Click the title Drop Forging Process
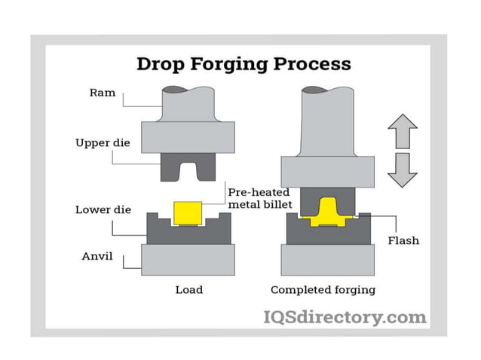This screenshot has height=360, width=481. pyautogui.click(x=243, y=63)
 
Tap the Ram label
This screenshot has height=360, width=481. pyautogui.click(x=102, y=93)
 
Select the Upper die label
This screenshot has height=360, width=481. pyautogui.click(x=100, y=142)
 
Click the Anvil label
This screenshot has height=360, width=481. pyautogui.click(x=97, y=256)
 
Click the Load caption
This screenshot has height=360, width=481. pyautogui.click(x=188, y=290)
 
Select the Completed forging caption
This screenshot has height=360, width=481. pyautogui.click(x=323, y=290)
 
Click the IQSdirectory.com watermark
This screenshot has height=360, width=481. pyautogui.click(x=344, y=317)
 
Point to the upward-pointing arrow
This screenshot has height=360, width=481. pyautogui.click(x=402, y=132)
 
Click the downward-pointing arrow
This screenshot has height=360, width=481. pyautogui.click(x=402, y=169)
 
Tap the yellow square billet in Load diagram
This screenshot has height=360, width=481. pyautogui.click(x=188, y=213)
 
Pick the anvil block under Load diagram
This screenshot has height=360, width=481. pyautogui.click(x=188, y=259)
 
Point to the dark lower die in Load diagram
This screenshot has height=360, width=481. pyautogui.click(x=188, y=234)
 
